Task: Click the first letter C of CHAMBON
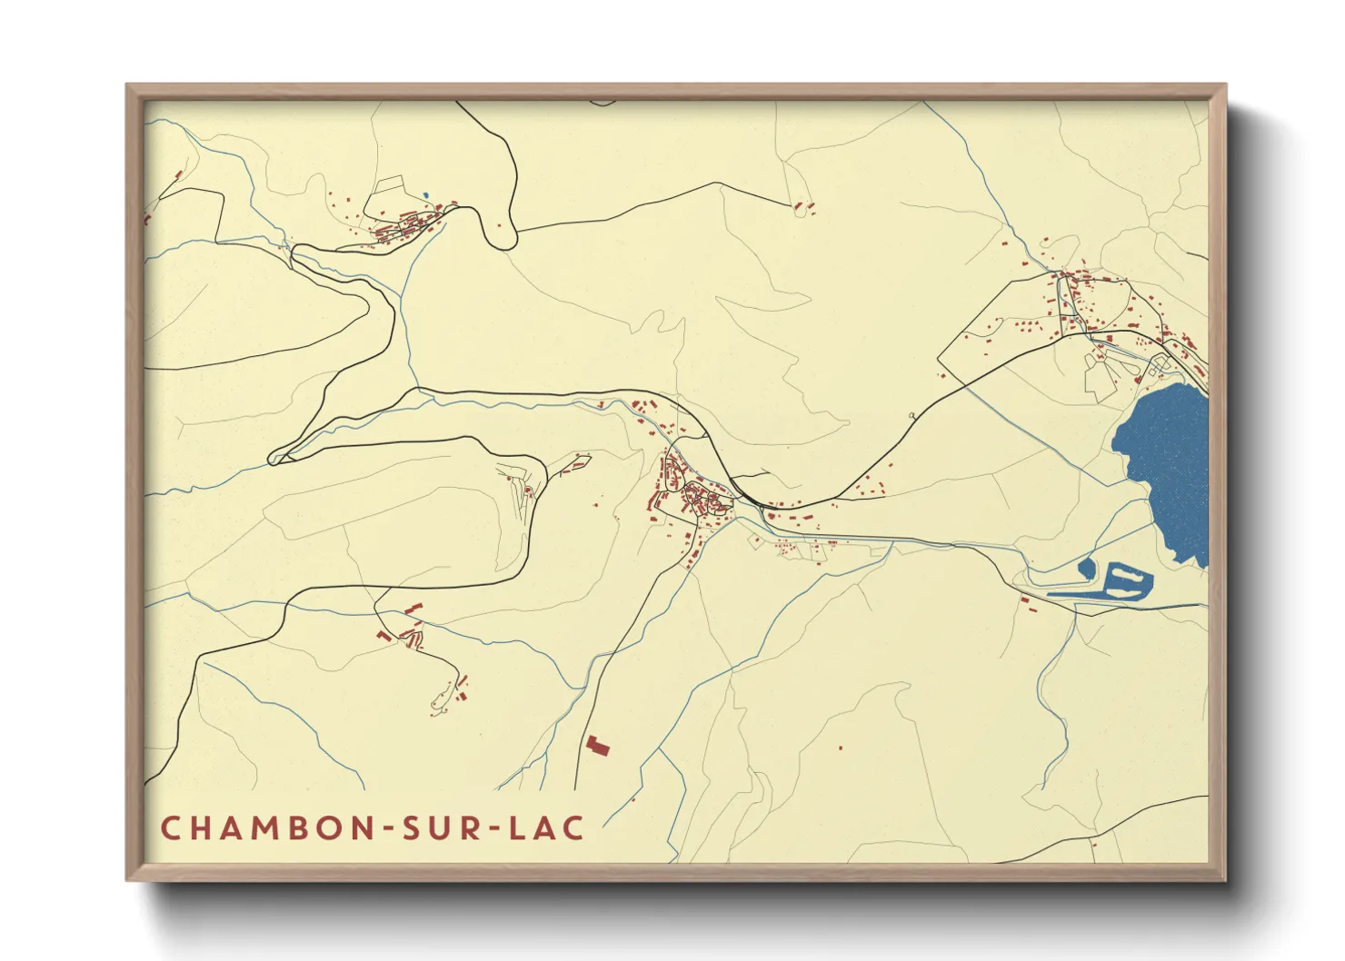(x=170, y=828)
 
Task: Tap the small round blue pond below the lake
(x=1086, y=569)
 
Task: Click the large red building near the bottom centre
(x=597, y=746)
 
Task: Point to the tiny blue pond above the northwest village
(x=424, y=194)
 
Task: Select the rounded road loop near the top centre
(x=501, y=238)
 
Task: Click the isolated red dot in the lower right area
(x=840, y=748)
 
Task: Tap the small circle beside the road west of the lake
(x=912, y=415)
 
